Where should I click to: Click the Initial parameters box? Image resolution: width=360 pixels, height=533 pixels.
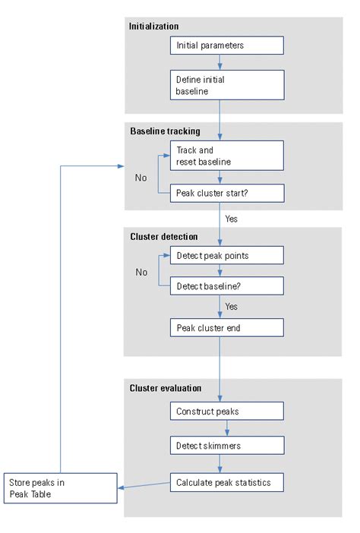click(x=226, y=46)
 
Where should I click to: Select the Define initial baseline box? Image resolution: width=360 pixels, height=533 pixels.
click(x=226, y=85)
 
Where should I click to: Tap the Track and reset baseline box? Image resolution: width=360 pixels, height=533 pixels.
click(x=226, y=156)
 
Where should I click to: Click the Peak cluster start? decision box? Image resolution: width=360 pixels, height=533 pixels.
click(x=226, y=194)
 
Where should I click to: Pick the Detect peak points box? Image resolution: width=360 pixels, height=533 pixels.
click(x=226, y=255)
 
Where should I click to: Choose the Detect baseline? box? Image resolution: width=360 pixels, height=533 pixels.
click(x=226, y=285)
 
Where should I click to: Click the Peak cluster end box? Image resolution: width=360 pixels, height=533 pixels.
click(x=226, y=327)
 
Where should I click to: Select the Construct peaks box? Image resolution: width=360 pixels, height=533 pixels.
click(x=226, y=411)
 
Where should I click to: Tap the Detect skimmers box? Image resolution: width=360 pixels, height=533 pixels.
click(x=226, y=446)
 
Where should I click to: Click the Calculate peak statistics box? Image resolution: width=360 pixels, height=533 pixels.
click(x=226, y=482)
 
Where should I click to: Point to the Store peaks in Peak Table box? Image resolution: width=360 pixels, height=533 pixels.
click(x=61, y=487)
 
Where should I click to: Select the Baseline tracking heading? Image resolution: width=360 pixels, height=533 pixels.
click(x=165, y=131)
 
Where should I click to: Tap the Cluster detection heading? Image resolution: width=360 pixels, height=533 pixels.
click(x=163, y=236)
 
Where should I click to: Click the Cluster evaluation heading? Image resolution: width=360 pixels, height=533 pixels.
click(x=166, y=388)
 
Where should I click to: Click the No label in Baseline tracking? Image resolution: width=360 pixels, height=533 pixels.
click(x=141, y=178)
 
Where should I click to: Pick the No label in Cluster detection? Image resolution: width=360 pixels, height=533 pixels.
click(x=141, y=271)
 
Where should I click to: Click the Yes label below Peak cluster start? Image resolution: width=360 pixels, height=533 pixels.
click(x=232, y=218)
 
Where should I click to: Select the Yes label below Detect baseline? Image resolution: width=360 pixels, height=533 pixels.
click(x=232, y=307)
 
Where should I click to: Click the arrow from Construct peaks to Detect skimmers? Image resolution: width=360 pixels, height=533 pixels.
click(x=221, y=429)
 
